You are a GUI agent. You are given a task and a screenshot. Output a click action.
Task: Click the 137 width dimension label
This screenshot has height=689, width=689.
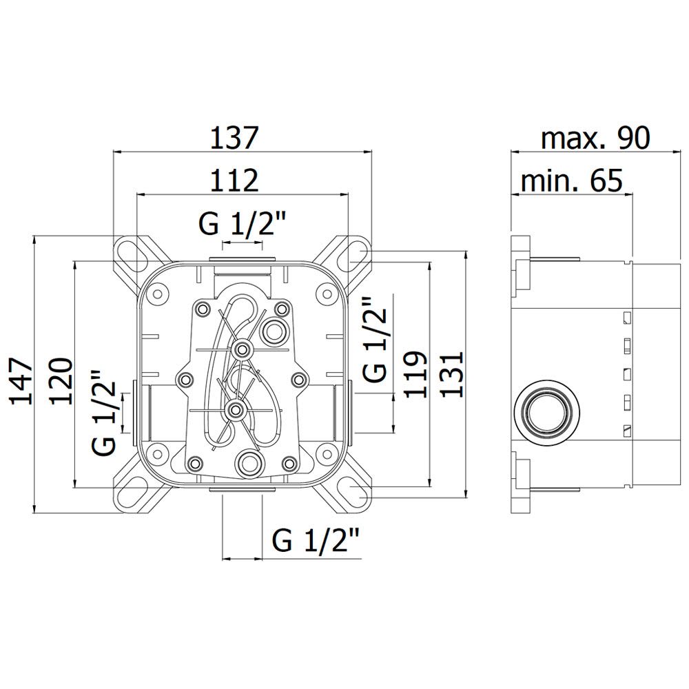point(234,138)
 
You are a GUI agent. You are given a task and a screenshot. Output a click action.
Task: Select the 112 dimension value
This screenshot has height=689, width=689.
point(234,180)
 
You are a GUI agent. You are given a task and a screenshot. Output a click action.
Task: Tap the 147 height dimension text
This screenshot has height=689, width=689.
point(21,381)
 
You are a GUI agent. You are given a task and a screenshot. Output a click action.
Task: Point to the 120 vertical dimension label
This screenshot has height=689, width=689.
point(60,381)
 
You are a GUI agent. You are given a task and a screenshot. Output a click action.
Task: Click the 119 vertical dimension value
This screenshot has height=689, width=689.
point(415,374)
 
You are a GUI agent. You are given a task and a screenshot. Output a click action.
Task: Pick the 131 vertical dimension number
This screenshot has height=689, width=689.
point(452,374)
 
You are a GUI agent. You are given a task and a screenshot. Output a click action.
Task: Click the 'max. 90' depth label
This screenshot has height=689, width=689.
point(595,138)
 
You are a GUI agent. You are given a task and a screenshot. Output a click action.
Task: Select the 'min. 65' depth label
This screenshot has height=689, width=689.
point(571,180)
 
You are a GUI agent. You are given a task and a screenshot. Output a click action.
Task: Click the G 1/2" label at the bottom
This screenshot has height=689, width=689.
point(316,539)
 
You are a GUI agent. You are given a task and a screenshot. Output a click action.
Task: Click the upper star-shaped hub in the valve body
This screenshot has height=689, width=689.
point(241,349)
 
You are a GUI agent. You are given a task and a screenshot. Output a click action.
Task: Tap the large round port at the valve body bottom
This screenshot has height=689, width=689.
point(251,462)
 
